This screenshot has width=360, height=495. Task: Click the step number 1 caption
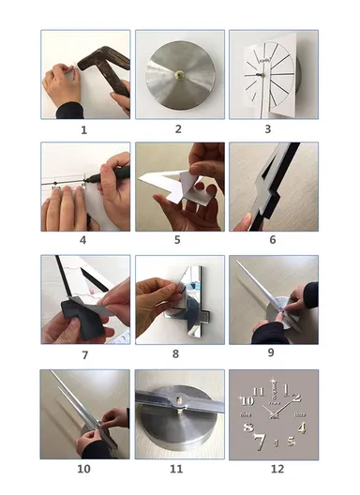coord(83,130)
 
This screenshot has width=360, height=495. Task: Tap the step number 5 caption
coord(179,242)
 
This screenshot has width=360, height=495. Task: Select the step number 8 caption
coord(179,355)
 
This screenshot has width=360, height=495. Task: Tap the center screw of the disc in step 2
coord(180,71)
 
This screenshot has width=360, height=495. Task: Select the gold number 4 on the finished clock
coord(301,427)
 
